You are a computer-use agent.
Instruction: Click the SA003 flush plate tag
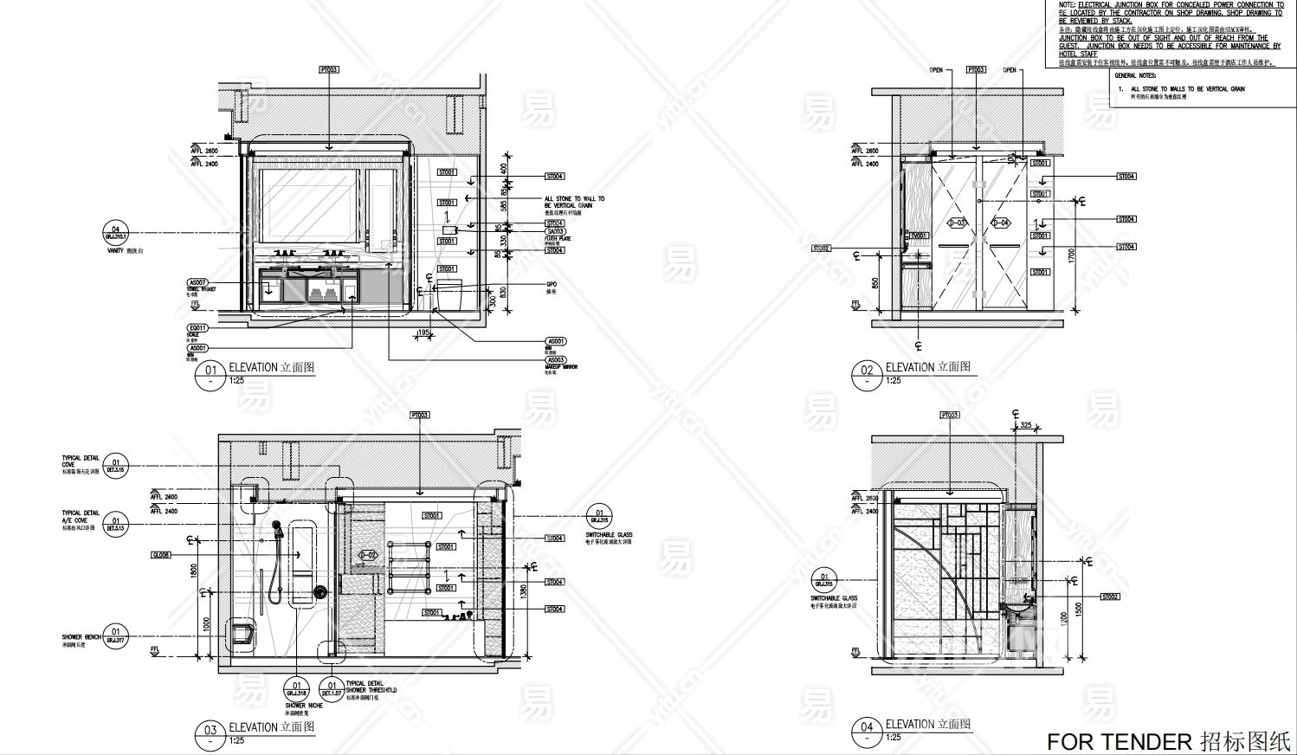click(x=555, y=232)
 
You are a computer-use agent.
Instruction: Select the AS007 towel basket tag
click(x=197, y=283)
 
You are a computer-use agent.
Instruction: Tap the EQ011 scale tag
click(x=197, y=328)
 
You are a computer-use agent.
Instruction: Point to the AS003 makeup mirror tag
click(x=556, y=360)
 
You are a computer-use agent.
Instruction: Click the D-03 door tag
click(x=957, y=223)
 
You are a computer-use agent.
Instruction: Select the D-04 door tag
click(x=1000, y=223)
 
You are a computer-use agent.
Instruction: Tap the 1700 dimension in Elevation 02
click(x=1072, y=256)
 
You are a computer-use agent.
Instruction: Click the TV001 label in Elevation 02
click(x=917, y=236)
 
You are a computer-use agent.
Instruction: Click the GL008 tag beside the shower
click(x=161, y=555)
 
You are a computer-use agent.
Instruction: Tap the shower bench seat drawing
click(x=242, y=634)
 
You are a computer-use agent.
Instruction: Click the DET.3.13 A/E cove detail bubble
click(x=116, y=526)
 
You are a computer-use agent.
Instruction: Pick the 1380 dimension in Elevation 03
click(x=522, y=593)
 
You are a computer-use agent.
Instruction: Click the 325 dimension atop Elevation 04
click(x=1026, y=425)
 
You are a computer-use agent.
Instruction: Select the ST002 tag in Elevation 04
click(x=1110, y=597)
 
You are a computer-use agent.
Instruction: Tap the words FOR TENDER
click(x=1120, y=742)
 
